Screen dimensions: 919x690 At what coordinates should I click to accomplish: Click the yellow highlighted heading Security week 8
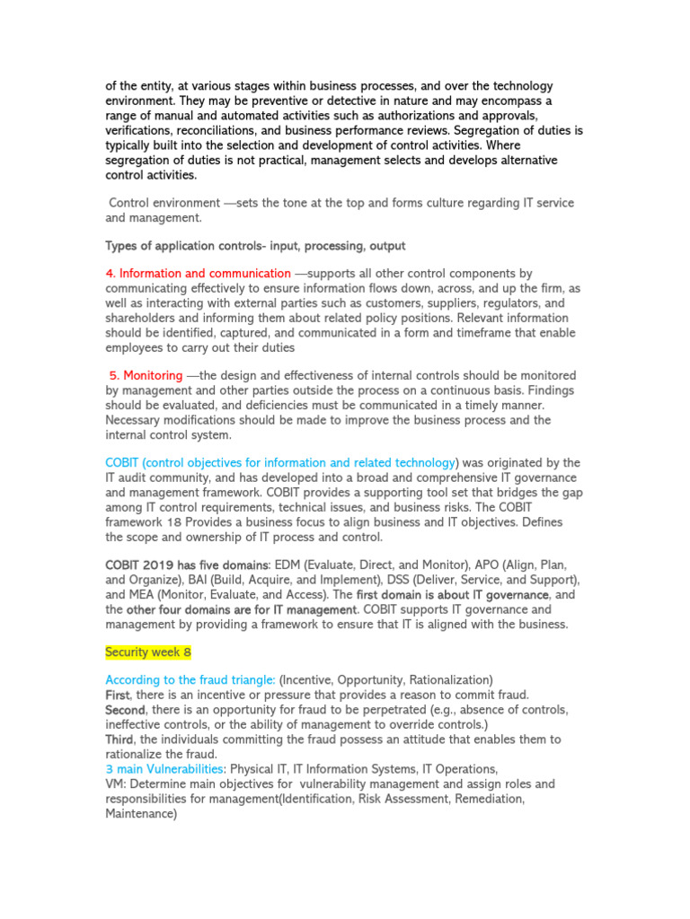[x=148, y=652]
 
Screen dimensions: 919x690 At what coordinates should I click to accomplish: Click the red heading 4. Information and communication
[x=198, y=273]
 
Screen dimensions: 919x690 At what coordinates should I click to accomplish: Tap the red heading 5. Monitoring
[x=145, y=375]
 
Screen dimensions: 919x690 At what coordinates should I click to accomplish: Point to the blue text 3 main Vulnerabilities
[x=164, y=769]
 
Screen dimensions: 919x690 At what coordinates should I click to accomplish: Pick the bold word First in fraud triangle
[x=118, y=696]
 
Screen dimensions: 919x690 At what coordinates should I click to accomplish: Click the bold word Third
[x=119, y=740]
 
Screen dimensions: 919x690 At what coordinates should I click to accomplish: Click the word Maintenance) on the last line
[x=141, y=814]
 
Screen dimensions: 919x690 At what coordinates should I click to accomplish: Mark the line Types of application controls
[x=255, y=245]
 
